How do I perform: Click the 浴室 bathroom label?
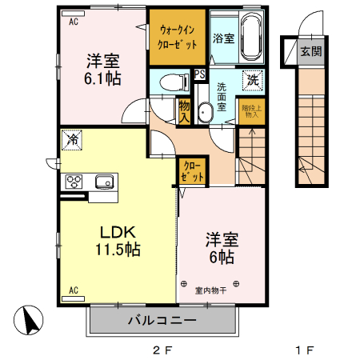[x=222, y=37]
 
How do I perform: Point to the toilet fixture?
[x=169, y=82]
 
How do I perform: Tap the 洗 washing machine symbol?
[x=252, y=79]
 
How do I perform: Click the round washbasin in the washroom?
[x=204, y=111]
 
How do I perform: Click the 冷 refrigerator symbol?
[x=72, y=138]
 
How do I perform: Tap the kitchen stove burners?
[x=74, y=180]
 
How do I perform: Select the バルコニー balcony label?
[x=162, y=321]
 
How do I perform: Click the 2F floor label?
[x=162, y=350]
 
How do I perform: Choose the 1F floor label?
[x=302, y=350]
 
